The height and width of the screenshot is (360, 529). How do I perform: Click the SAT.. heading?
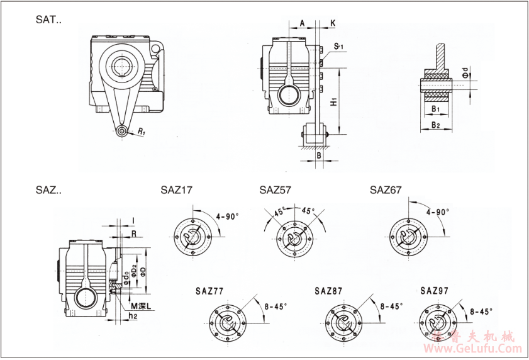[x=48, y=20]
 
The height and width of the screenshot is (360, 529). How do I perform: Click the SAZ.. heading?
[x=48, y=190]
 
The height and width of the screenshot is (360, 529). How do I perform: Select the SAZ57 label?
[x=276, y=189]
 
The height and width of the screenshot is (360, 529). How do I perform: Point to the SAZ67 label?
[x=386, y=189]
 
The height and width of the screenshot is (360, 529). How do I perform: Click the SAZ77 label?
[x=209, y=291]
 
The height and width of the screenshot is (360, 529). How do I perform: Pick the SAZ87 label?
[x=329, y=291]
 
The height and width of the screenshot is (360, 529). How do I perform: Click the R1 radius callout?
[x=142, y=133]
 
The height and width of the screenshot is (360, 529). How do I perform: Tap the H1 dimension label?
[x=335, y=101]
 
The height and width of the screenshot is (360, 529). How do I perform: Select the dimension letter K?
[x=333, y=23]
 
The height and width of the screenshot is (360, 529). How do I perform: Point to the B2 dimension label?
[x=435, y=125]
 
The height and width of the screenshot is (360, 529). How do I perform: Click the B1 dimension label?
[x=435, y=109]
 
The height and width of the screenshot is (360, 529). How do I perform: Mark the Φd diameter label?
[x=464, y=74]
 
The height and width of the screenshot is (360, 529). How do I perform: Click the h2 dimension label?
[x=133, y=316]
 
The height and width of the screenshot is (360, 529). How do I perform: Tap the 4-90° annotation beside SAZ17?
[x=227, y=217]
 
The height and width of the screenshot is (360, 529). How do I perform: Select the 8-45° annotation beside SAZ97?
[x=481, y=311]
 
